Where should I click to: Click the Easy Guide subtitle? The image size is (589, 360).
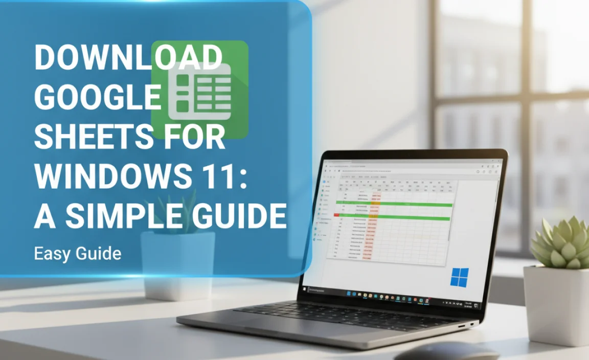coord(77,253)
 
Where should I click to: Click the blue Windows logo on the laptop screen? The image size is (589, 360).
coord(459,278)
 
